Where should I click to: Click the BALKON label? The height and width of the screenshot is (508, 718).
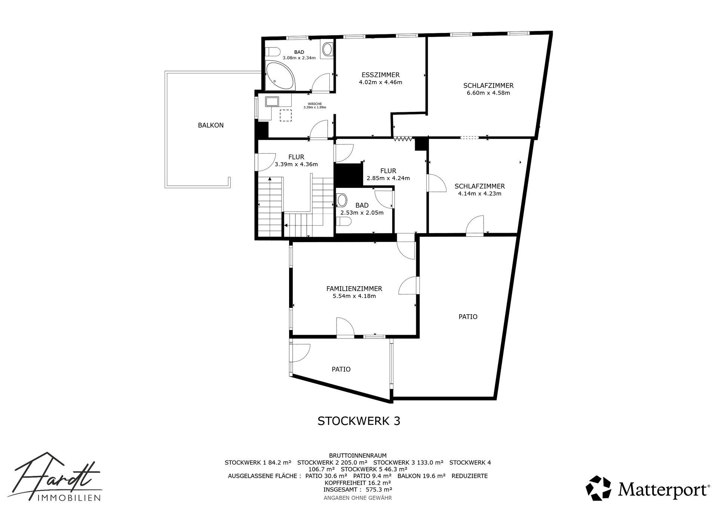[211, 125]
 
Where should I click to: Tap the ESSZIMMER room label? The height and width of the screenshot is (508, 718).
[380, 75]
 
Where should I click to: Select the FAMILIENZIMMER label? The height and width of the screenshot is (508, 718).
[354, 289]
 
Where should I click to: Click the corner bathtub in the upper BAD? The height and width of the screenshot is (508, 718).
[280, 76]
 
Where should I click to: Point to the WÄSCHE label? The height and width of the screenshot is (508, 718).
[314, 104]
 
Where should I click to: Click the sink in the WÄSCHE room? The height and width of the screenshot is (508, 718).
[272, 101]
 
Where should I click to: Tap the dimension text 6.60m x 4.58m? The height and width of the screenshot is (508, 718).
[488, 93]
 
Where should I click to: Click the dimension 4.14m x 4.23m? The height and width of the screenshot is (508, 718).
[479, 193]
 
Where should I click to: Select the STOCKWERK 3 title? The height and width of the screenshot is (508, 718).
[359, 421]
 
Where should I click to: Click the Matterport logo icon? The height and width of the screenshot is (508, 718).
[598, 488]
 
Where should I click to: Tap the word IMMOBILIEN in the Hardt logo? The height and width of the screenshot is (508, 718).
[69, 498]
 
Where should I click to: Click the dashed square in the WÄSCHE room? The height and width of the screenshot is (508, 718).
[286, 115]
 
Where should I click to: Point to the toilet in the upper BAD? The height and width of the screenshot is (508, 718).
[273, 51]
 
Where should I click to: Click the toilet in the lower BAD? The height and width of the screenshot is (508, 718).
[343, 222]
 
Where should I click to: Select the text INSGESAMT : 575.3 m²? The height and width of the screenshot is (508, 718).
[358, 489]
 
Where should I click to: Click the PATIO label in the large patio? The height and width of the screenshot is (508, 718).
[468, 317]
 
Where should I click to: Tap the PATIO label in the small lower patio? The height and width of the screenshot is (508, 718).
[341, 370]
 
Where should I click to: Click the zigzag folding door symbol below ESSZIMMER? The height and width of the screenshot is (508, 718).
[403, 139]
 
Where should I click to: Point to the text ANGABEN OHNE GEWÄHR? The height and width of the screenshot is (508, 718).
[358, 498]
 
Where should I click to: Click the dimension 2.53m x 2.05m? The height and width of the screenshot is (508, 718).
[362, 213]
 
